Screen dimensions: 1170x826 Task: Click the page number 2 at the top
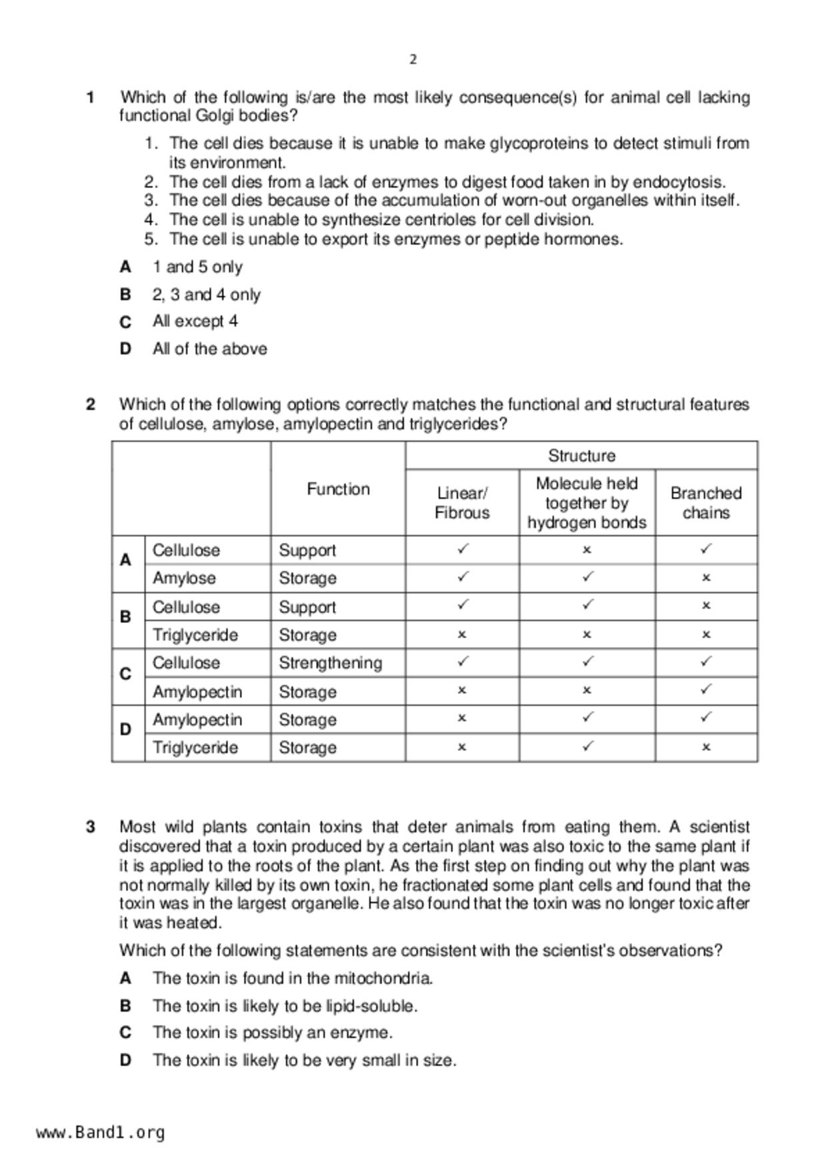click(x=413, y=59)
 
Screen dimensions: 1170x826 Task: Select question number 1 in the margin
click(x=90, y=97)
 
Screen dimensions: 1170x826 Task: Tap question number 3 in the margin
click(x=90, y=827)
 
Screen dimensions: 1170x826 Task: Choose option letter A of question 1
click(x=125, y=267)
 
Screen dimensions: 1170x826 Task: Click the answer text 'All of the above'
click(x=209, y=349)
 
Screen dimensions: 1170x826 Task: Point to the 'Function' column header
click(x=338, y=489)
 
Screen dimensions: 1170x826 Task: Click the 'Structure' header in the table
click(x=581, y=456)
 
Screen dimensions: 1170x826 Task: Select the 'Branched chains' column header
click(x=706, y=503)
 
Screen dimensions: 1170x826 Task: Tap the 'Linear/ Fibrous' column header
click(x=462, y=503)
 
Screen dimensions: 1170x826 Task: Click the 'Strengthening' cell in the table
click(x=330, y=663)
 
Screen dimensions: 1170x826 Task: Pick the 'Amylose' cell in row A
click(x=184, y=578)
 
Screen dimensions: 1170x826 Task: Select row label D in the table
click(x=125, y=730)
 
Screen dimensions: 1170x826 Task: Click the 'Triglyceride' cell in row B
click(x=195, y=635)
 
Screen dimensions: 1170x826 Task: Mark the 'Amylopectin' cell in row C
click(x=197, y=692)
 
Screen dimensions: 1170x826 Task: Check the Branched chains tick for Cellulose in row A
click(x=706, y=549)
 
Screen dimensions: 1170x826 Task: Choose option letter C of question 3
click(x=125, y=1033)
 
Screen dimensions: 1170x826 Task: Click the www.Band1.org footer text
click(x=101, y=1133)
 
